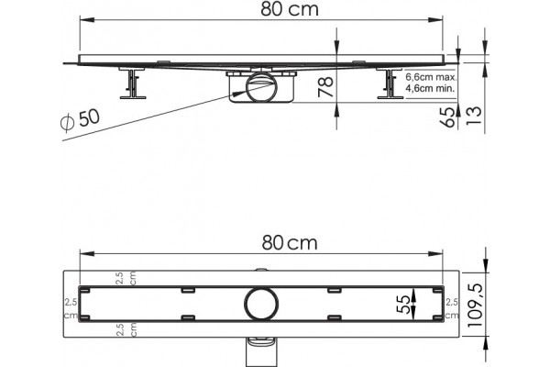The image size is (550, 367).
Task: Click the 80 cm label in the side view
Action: click(290, 9)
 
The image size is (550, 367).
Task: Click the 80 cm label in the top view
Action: click(290, 242)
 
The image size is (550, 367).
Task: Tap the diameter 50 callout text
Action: click(81, 120)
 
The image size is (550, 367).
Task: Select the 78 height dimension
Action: click(325, 86)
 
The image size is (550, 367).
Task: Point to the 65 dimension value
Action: click(447, 117)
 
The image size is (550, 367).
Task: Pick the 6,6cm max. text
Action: click(431, 77)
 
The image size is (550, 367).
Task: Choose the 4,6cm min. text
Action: click(431, 88)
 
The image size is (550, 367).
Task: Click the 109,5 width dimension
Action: click(475, 305)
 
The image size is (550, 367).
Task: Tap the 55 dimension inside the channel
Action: click(403, 304)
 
